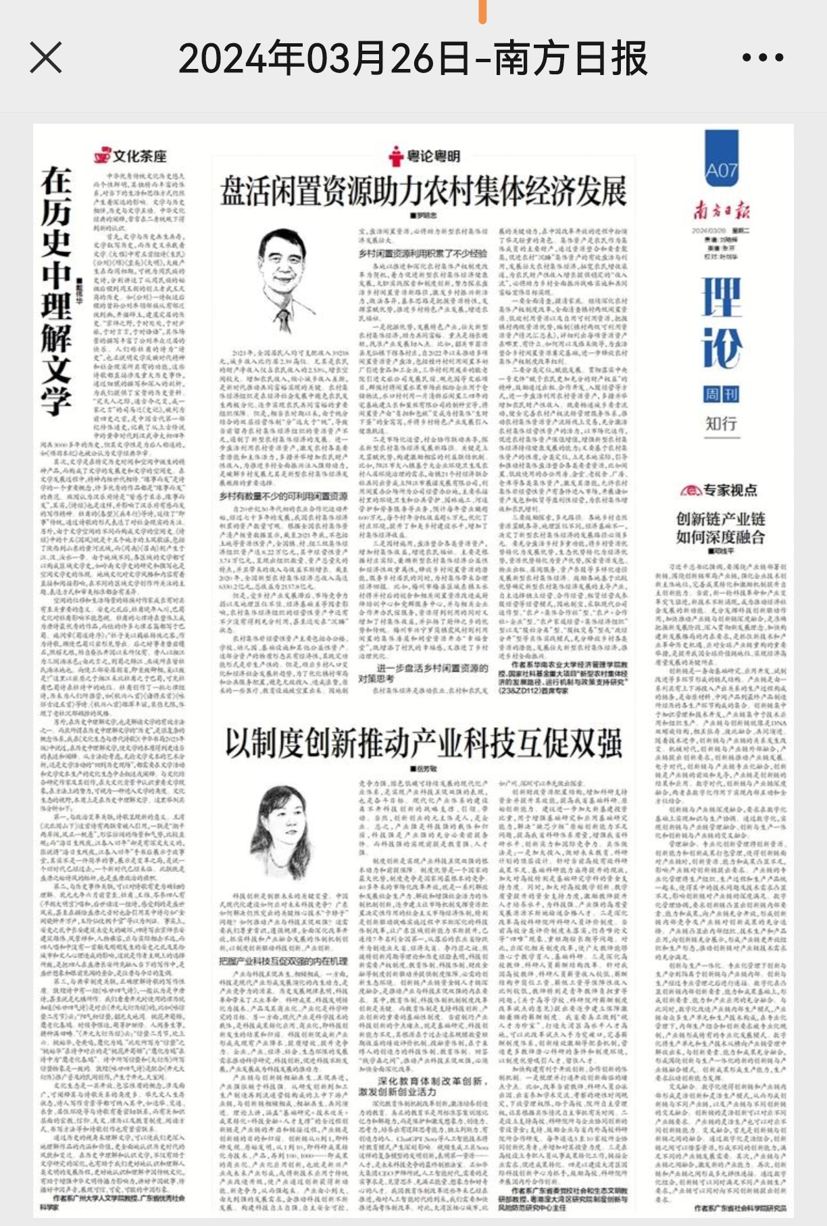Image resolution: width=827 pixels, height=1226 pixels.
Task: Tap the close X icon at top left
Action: coord(46,57)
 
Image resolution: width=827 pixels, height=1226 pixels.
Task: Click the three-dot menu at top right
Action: coord(763,57)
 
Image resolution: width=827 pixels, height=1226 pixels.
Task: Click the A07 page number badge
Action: coord(721,169)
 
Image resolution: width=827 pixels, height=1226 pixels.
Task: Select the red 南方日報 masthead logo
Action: coord(721,211)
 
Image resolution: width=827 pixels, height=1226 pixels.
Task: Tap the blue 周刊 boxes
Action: coord(721,394)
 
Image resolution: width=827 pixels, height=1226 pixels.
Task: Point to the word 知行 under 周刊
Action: coord(721,424)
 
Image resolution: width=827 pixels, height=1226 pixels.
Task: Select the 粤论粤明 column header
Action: coord(425,157)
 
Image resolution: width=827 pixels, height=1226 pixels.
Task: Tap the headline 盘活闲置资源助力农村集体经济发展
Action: coord(424,191)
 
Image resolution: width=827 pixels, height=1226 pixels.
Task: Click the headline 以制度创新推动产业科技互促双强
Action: coord(424,743)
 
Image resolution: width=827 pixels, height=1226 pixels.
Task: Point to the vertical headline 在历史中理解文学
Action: coord(57,291)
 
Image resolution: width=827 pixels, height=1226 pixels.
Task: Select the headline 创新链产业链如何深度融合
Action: coord(720,528)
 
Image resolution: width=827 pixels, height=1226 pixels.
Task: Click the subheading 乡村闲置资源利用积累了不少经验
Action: coord(423,254)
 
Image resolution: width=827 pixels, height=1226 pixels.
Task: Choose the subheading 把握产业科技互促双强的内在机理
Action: coord(283,960)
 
